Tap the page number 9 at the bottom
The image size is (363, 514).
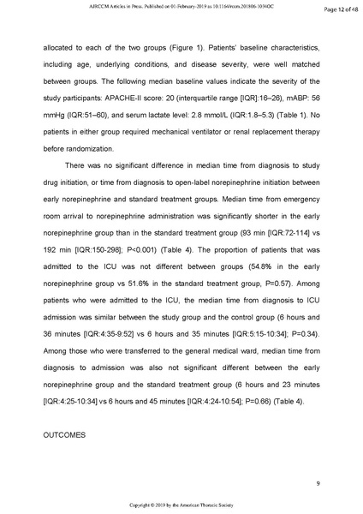point(317,485)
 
